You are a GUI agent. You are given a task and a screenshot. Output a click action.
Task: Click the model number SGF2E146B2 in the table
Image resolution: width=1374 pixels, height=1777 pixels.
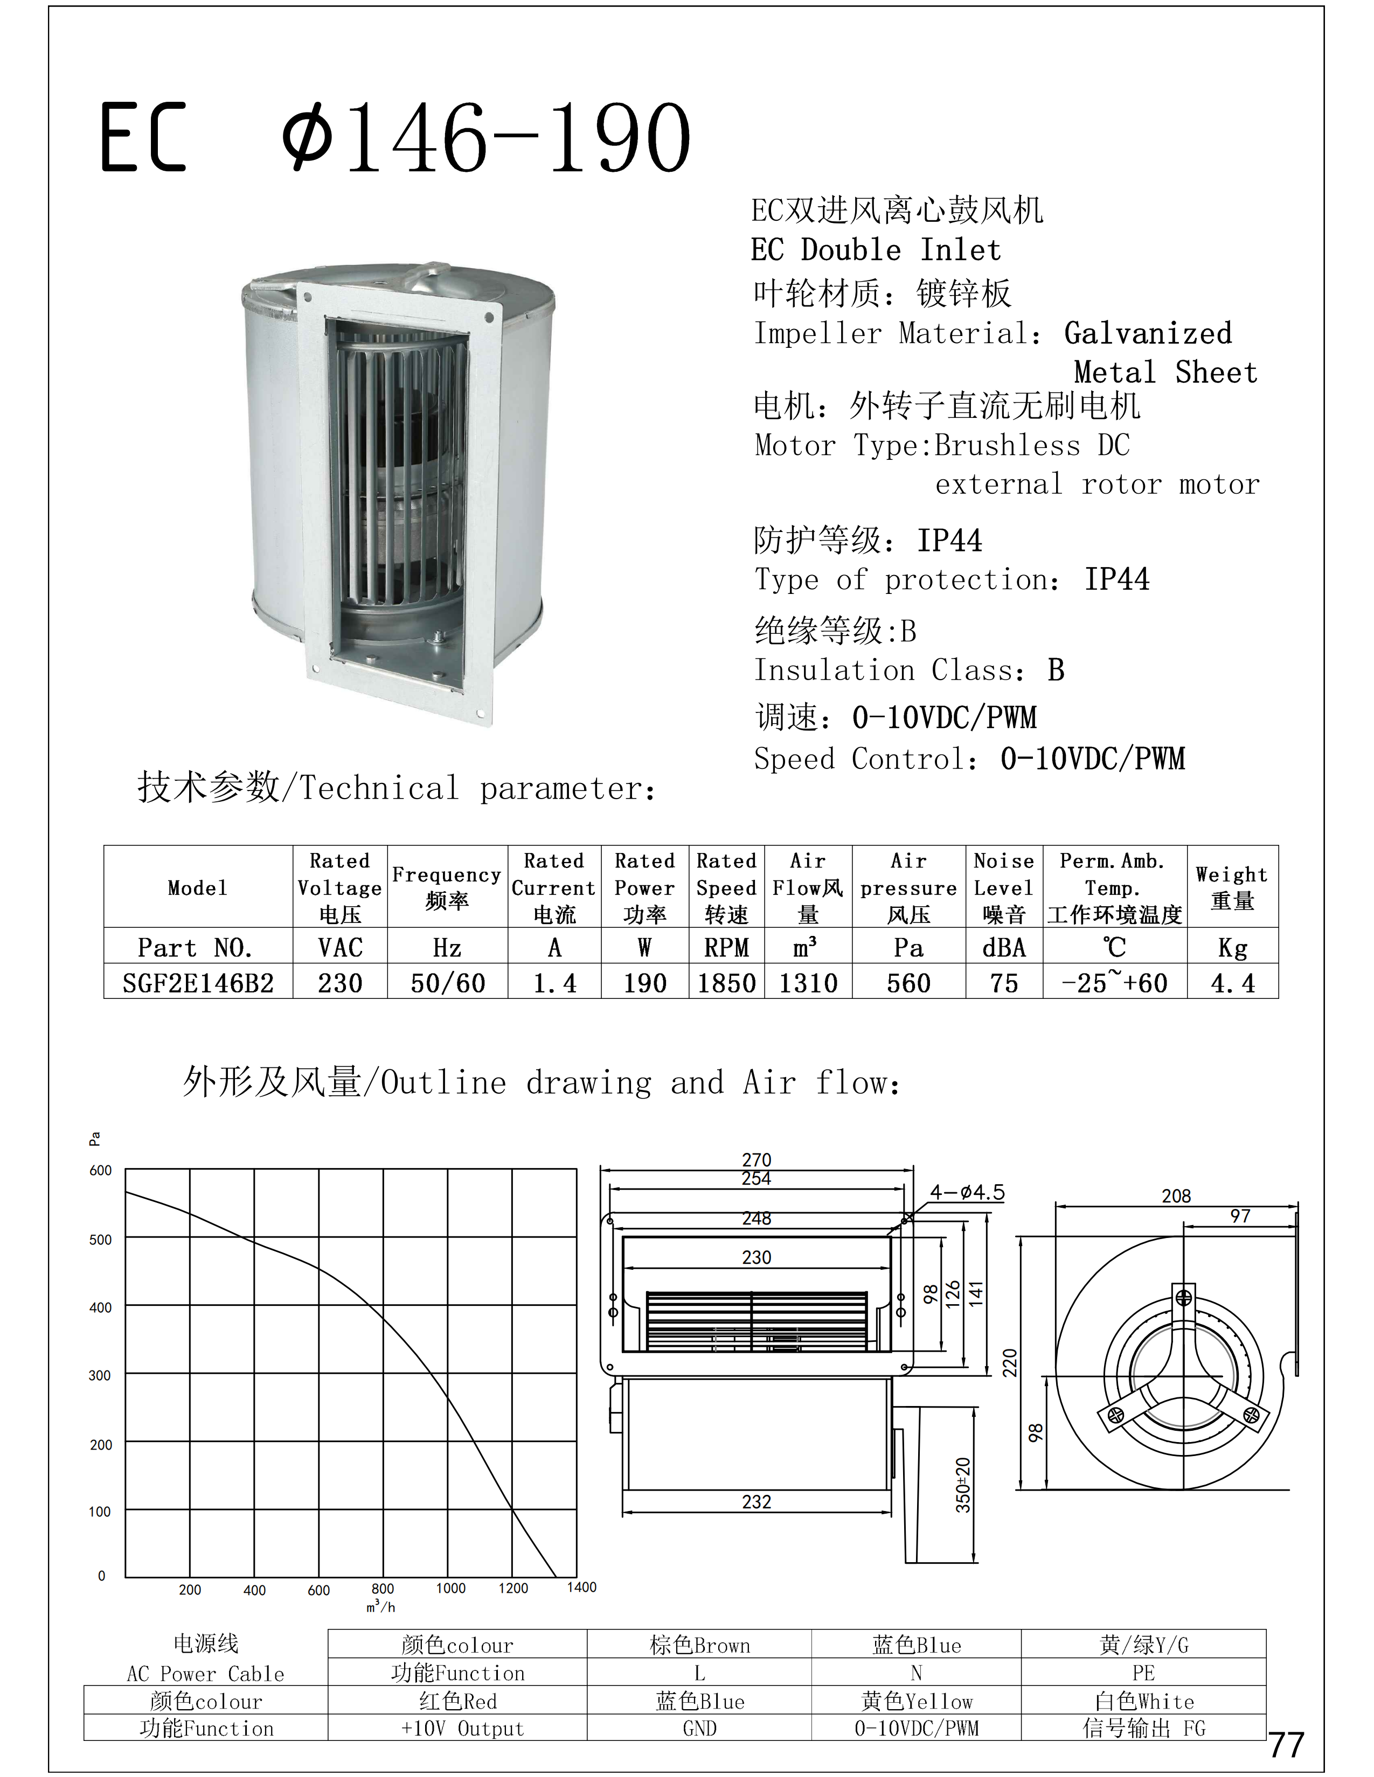pos(198,983)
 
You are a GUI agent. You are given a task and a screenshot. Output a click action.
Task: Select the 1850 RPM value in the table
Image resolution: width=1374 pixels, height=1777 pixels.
pos(727,983)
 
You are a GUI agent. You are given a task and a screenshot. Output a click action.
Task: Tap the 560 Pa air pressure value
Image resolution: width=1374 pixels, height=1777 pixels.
pos(908,983)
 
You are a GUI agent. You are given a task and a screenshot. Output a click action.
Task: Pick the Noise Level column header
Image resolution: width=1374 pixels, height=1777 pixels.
pos(1004,887)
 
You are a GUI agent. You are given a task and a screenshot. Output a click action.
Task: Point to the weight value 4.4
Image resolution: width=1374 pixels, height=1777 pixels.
pos(1232,983)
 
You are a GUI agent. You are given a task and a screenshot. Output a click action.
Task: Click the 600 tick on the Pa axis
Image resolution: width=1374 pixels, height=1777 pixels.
pos(100,1170)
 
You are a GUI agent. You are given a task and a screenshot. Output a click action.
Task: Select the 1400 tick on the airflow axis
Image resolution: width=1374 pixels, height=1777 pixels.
pos(581,1586)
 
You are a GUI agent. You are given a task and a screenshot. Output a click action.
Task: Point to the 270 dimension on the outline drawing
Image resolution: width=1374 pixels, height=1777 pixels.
pos(756,1159)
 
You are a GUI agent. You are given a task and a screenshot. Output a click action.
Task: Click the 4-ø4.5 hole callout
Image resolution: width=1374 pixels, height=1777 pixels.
pos(967,1193)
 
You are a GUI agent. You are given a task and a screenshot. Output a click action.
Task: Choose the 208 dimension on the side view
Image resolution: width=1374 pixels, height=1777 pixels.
pos(1175,1196)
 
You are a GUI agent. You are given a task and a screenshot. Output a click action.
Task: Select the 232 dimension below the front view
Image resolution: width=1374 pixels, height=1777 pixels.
pos(756,1502)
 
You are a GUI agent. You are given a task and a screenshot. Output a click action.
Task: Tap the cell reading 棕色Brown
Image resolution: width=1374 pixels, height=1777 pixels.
pos(699,1645)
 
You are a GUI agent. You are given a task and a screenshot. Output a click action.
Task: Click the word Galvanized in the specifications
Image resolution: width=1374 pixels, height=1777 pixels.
pos(1148,333)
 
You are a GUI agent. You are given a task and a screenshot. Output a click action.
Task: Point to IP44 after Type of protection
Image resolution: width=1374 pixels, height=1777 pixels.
pos(1117,579)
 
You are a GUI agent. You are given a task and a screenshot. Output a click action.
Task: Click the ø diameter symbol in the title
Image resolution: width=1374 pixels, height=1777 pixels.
pos(307,137)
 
